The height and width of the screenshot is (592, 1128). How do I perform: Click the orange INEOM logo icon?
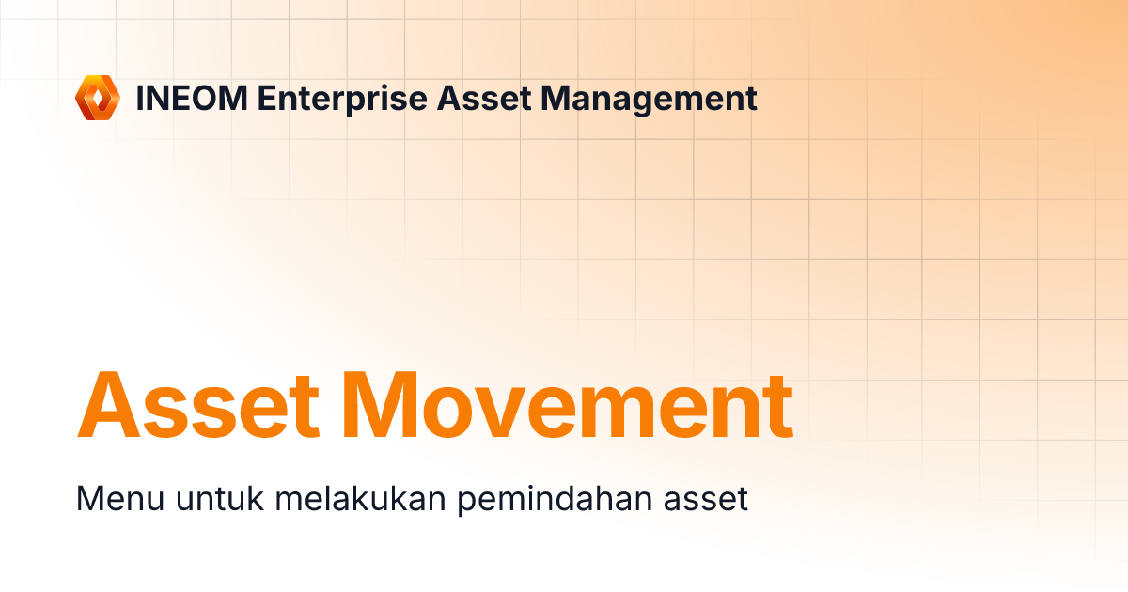point(98,98)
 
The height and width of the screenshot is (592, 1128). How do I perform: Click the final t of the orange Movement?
point(777,408)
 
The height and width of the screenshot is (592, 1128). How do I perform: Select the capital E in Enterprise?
point(268,99)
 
